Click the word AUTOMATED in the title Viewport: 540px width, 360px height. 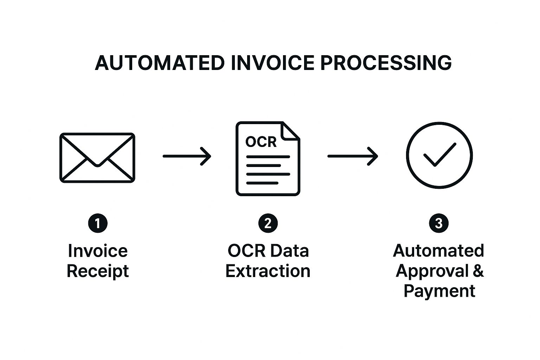click(160, 63)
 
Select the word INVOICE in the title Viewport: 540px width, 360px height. click(273, 63)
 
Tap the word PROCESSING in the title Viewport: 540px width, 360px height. click(386, 63)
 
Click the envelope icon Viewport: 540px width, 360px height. click(97, 157)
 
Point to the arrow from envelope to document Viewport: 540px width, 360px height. click(187, 156)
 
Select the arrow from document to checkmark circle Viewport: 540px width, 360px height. click(353, 156)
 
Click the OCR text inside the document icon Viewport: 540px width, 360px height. click(261, 142)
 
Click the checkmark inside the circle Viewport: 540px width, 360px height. click(440, 155)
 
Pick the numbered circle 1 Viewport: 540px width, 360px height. click(98, 223)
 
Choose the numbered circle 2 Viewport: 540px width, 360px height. click(268, 223)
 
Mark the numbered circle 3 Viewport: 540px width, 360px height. click(439, 223)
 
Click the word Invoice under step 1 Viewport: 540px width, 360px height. click(98, 251)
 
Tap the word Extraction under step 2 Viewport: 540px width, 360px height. click(268, 271)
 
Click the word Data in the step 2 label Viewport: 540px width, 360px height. click(289, 251)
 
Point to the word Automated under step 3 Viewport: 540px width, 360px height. click(438, 251)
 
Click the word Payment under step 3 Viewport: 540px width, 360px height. click(439, 291)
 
